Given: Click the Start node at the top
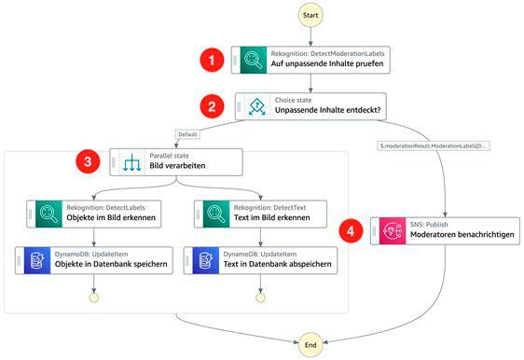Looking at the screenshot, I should tap(311, 16).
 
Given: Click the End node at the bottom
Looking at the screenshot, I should tap(311, 344).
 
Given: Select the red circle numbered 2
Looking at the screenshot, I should tap(214, 105).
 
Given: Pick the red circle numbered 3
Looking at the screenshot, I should tap(88, 162).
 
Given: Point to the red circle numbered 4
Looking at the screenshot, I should tap(350, 228).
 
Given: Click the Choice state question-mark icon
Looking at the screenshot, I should tap(255, 105).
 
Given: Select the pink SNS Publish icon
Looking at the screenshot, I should tap(390, 228).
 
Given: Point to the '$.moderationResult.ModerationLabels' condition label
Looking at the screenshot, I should tap(434, 146).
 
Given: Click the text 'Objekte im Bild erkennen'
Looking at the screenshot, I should tap(111, 217).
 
